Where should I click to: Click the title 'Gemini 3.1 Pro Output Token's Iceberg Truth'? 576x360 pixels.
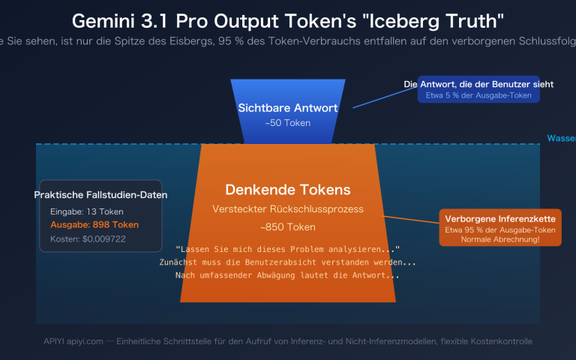click(x=288, y=20)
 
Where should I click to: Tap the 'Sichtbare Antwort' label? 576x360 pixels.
click(x=288, y=108)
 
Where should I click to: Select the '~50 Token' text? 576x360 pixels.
click(x=288, y=122)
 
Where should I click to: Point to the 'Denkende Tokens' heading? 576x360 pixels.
click(x=288, y=190)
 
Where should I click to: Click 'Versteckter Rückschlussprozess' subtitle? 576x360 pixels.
click(x=288, y=208)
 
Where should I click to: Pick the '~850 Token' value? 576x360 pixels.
click(x=288, y=226)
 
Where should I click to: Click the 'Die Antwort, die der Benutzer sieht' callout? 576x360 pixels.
click(x=468, y=84)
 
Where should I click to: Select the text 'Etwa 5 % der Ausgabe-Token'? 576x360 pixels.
click(x=468, y=96)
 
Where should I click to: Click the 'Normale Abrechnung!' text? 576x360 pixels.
click(x=499, y=239)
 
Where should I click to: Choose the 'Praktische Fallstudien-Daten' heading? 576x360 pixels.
click(x=100, y=195)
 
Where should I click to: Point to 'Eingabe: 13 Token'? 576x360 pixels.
click(x=87, y=211)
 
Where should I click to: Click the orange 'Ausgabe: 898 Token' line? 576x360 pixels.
click(x=94, y=225)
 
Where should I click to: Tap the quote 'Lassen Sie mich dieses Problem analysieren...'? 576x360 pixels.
click(x=288, y=249)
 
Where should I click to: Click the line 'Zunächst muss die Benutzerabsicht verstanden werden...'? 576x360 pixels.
click(x=288, y=262)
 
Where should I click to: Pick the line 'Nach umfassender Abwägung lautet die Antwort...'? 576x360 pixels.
click(x=288, y=276)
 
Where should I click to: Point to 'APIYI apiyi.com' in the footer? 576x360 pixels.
click(x=73, y=341)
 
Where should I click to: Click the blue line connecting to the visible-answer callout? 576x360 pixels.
click(x=378, y=97)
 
